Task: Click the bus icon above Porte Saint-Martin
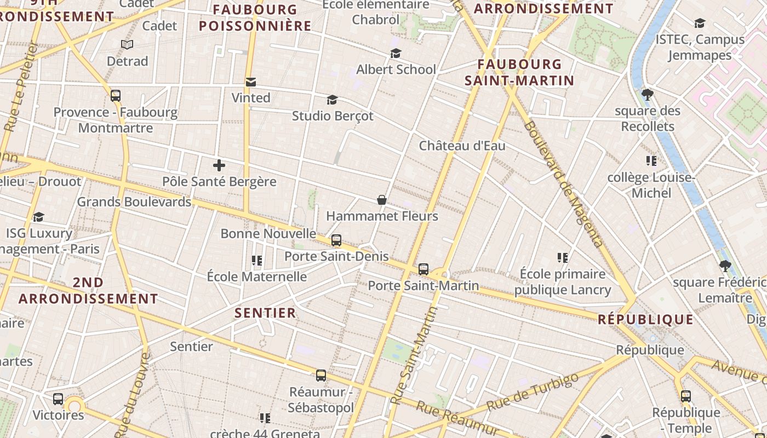(x=423, y=269)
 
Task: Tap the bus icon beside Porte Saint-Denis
(x=336, y=240)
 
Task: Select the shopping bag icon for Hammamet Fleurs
(x=382, y=200)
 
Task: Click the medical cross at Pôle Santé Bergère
(x=219, y=165)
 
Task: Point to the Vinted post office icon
(x=251, y=82)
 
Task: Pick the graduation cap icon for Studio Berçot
(x=332, y=100)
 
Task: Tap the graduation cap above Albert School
(x=396, y=53)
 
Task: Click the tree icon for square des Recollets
(x=647, y=95)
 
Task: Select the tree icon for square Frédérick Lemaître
(x=725, y=267)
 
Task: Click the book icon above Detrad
(x=127, y=44)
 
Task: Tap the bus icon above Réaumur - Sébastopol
(x=321, y=376)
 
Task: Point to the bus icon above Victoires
(x=58, y=399)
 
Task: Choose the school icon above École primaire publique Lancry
(x=563, y=257)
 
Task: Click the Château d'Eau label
(x=462, y=146)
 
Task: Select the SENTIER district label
(x=265, y=313)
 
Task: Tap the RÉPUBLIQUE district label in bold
(x=645, y=319)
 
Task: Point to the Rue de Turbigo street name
(x=532, y=392)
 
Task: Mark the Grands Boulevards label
(x=134, y=201)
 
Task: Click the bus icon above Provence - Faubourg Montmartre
(x=116, y=96)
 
